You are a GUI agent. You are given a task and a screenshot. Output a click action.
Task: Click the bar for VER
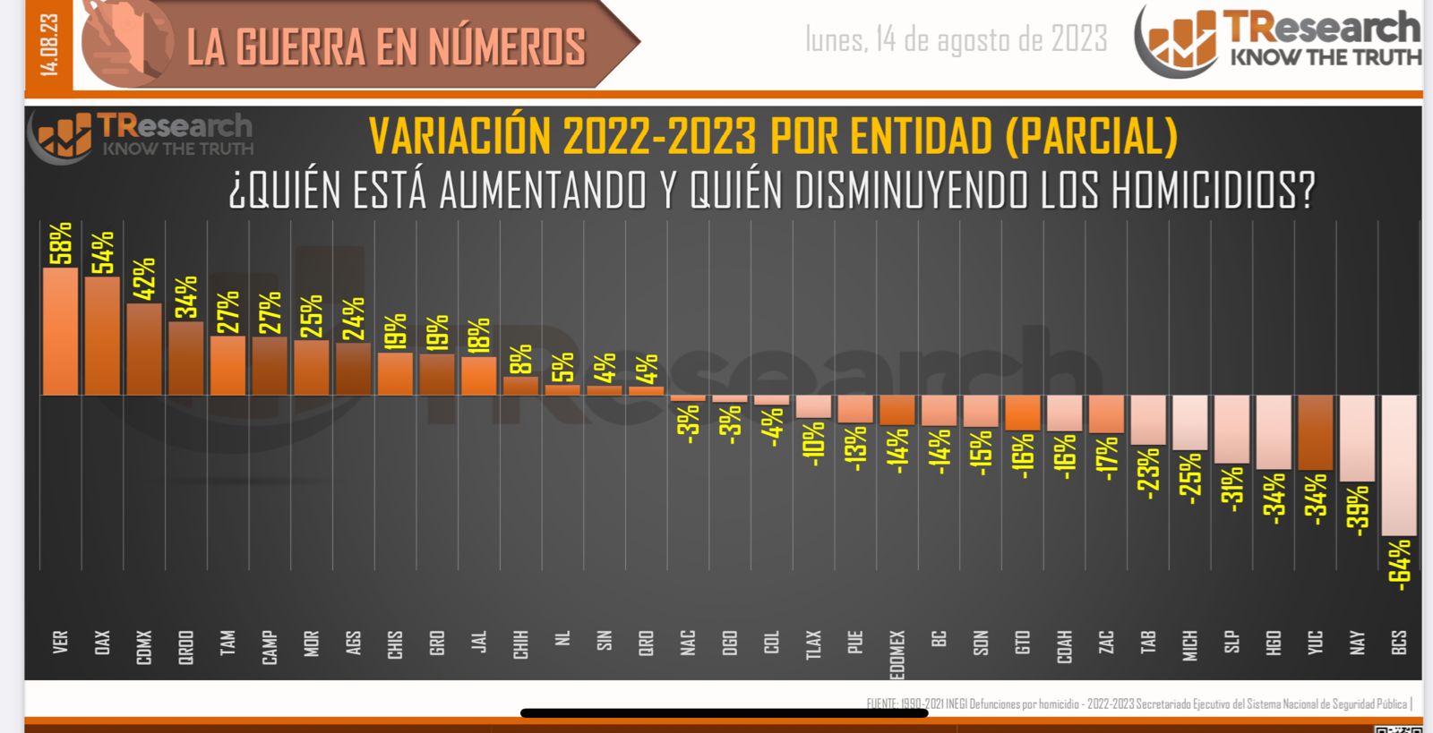click(x=61, y=332)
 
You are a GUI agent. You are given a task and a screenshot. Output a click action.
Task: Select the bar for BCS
click(x=1399, y=465)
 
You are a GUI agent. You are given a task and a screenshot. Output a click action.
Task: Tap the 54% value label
click(x=102, y=252)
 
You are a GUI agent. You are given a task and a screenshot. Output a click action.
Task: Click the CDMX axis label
click(x=144, y=647)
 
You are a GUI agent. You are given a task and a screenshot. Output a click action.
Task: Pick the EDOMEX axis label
click(x=897, y=654)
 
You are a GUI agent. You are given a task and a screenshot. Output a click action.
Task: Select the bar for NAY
click(x=1357, y=439)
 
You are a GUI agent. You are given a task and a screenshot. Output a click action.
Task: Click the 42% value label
click(x=144, y=278)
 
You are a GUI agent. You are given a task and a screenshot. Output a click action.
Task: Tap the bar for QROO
click(x=186, y=359)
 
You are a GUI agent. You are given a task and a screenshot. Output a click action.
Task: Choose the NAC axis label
click(x=688, y=643)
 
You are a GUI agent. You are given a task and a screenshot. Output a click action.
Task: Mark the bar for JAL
click(x=479, y=376)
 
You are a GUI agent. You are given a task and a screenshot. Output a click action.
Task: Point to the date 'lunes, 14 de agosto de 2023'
click(x=956, y=39)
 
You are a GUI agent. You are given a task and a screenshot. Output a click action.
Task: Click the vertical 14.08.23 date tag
click(x=48, y=45)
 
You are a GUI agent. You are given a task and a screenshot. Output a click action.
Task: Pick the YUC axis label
click(x=1315, y=643)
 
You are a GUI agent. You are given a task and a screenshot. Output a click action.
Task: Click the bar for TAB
click(x=1148, y=420)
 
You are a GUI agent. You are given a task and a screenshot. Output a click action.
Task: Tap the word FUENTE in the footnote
click(x=885, y=704)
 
